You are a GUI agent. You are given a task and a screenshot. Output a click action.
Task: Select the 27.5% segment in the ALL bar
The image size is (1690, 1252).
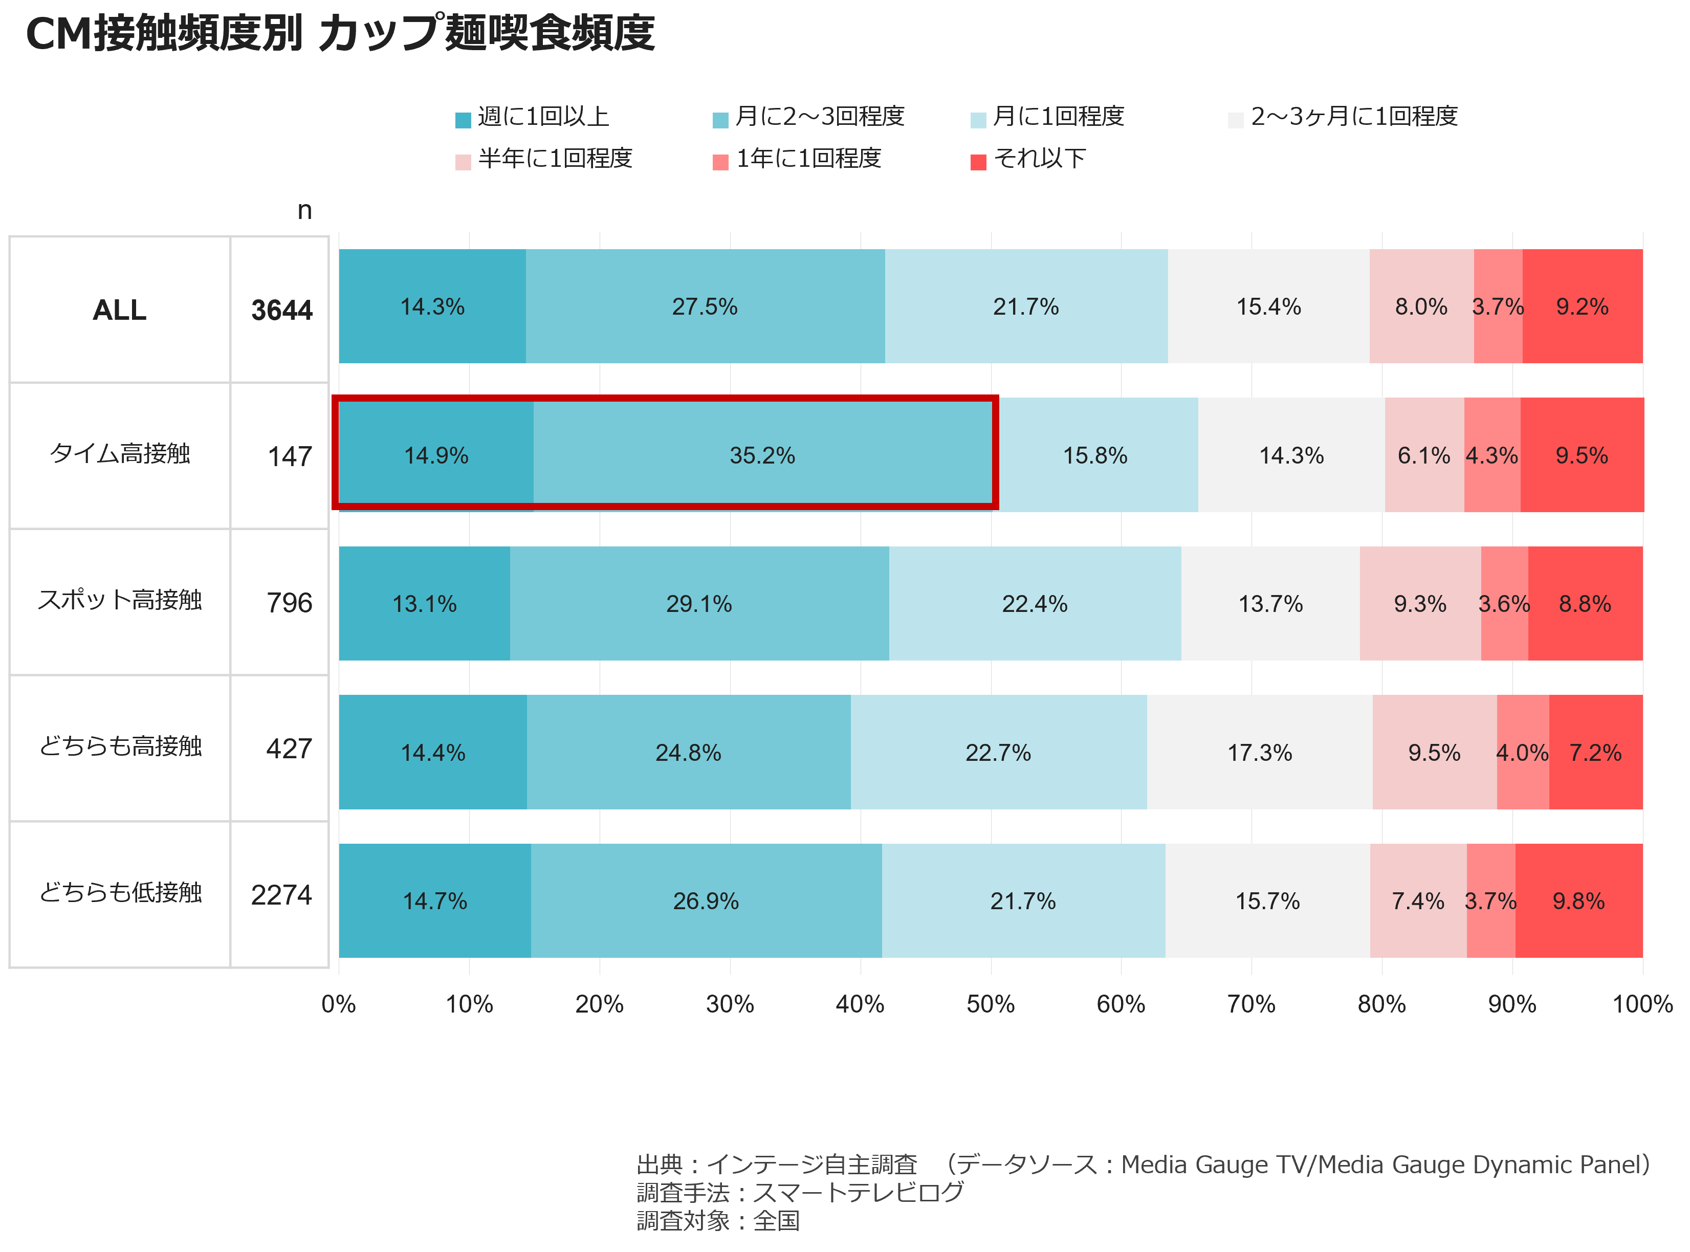pos(705,306)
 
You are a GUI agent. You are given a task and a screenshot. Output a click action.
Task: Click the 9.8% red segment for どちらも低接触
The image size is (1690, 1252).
pos(1579,900)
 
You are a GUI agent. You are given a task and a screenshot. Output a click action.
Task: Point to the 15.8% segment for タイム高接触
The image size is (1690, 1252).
pos(1096,455)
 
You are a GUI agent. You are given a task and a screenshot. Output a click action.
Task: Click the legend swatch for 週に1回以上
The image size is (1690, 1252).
pos(463,120)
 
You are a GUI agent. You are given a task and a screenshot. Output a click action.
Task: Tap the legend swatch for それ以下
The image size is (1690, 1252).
pos(978,162)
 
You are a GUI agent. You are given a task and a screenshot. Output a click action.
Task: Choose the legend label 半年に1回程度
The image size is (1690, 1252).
pos(556,159)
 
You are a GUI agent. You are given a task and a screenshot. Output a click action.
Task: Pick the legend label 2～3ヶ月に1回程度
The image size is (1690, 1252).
pos(1354,116)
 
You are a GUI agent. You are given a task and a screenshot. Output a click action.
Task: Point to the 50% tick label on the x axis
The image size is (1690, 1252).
pos(991,1004)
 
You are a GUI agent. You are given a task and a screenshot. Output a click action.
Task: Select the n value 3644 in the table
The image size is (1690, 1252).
pos(282,310)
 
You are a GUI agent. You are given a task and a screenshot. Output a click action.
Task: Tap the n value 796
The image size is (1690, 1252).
pos(290,603)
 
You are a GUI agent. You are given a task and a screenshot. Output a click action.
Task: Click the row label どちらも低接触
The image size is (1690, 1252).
pos(121,893)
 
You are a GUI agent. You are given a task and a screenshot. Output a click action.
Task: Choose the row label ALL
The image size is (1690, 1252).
pos(120,310)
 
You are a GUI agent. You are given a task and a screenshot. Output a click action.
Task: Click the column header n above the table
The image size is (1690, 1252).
pos(304,211)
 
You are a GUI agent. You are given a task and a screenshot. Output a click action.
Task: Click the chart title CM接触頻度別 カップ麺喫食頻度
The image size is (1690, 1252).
pos(340,33)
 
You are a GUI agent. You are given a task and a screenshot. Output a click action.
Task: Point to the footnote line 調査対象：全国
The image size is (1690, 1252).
pos(718,1220)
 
